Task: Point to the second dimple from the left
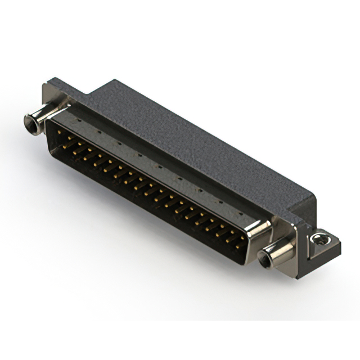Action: point(100,130)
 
